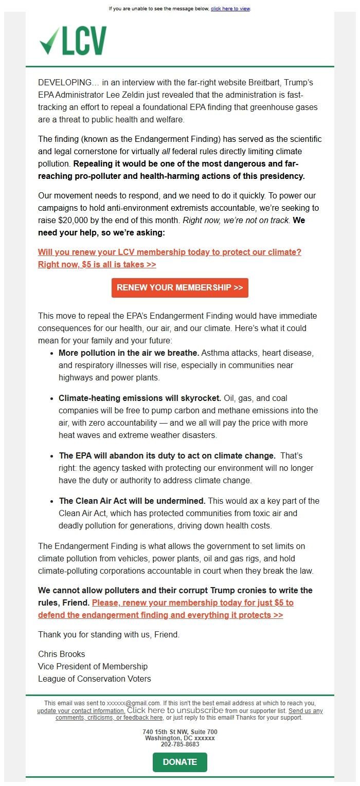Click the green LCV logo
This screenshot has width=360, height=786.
[x=73, y=41]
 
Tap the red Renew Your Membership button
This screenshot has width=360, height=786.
[x=179, y=287]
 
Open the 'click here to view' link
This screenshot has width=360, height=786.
[x=230, y=9]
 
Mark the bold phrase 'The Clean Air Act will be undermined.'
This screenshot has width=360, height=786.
[x=132, y=501]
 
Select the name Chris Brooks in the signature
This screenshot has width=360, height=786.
[x=62, y=654]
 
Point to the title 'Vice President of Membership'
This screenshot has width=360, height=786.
[x=93, y=666]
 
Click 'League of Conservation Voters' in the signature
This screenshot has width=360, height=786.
[x=95, y=679]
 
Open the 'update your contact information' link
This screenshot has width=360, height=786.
[x=81, y=711]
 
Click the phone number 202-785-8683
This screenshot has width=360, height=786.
[x=180, y=744]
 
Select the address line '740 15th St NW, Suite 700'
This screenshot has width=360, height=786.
[x=180, y=732]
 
